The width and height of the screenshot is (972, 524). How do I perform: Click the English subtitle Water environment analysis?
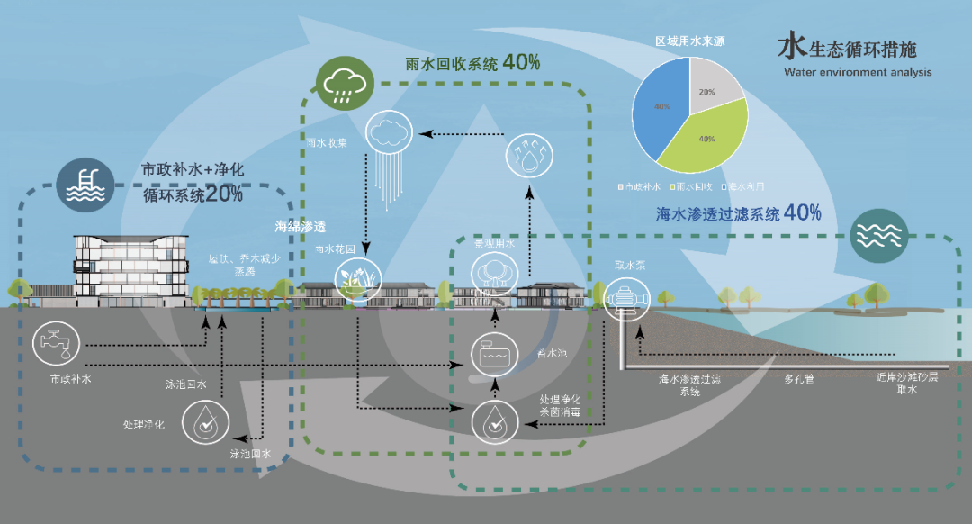click(857, 72)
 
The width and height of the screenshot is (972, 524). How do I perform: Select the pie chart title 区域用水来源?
click(689, 42)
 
